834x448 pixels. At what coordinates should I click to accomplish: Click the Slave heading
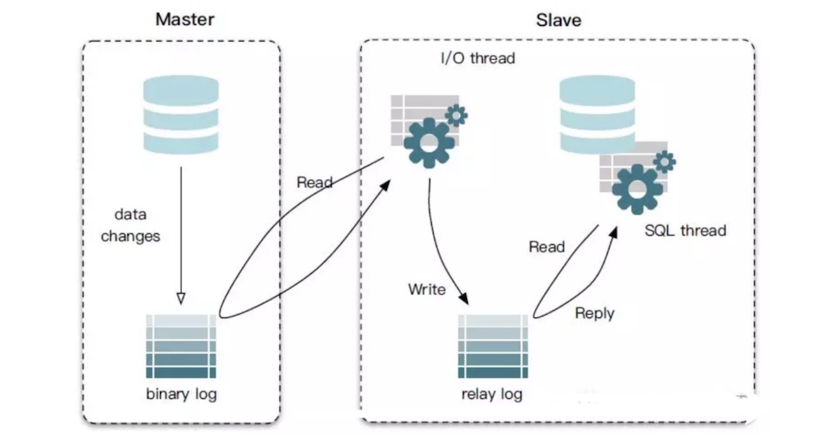[558, 18]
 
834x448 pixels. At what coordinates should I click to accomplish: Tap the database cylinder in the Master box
[181, 113]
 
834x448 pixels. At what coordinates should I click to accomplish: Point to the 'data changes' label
[131, 226]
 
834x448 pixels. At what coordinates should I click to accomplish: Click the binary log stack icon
[181, 346]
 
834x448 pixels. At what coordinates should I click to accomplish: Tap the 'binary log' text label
[181, 393]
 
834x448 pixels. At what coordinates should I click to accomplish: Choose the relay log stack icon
[492, 346]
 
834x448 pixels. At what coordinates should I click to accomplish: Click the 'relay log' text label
[492, 393]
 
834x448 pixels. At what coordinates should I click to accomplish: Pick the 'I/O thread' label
[478, 59]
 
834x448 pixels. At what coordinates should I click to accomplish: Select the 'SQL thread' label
[686, 231]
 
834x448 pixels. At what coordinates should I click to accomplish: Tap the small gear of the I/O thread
[456, 115]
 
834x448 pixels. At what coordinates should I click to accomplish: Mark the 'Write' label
[426, 290]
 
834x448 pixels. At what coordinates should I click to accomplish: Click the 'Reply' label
[595, 313]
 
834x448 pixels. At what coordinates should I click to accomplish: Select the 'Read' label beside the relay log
[546, 247]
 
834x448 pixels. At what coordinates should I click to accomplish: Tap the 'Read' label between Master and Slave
[314, 182]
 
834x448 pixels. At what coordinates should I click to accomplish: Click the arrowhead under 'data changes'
[181, 297]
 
